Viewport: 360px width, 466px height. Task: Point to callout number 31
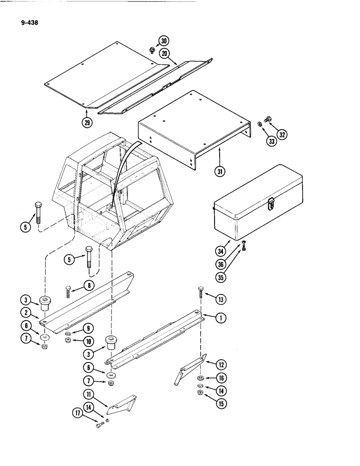(219, 171)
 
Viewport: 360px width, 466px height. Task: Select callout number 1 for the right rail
(221, 318)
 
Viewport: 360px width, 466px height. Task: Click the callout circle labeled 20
(164, 54)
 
